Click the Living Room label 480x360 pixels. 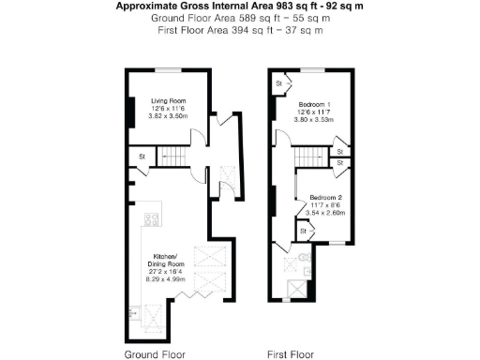[x=169, y=99]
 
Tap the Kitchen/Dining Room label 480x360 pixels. [x=168, y=259]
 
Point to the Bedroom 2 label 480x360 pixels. [x=324, y=199]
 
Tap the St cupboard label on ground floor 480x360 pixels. [x=142, y=156]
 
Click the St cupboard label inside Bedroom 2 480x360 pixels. [x=304, y=230]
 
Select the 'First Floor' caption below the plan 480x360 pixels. [x=290, y=355]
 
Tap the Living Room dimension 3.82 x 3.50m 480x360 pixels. [x=169, y=116]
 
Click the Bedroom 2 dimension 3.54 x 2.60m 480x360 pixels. [x=324, y=214]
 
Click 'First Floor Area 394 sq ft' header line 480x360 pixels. [x=240, y=30]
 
